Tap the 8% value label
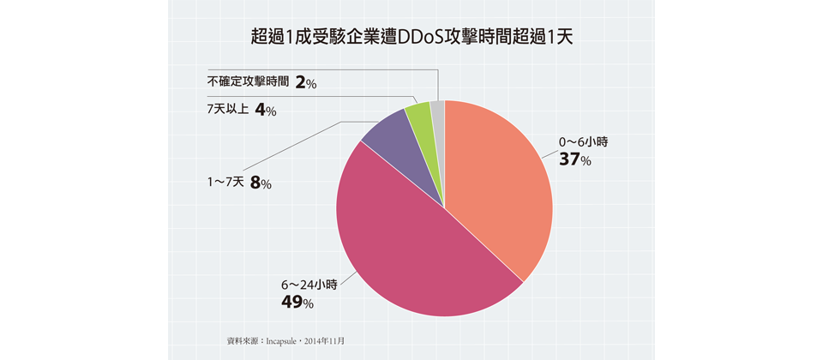click(x=261, y=183)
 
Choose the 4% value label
click(x=266, y=111)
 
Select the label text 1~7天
click(x=225, y=182)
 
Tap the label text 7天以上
click(x=227, y=110)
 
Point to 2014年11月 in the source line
click(x=325, y=340)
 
